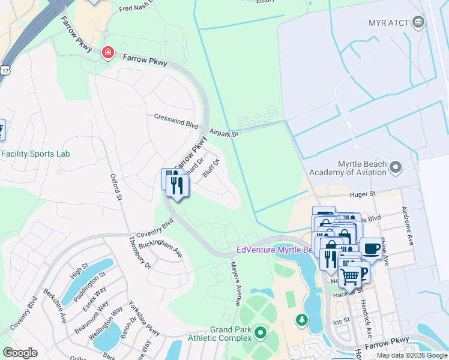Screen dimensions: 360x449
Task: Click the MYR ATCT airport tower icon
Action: (x=419, y=23)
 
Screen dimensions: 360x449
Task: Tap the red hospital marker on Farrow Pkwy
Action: (x=107, y=53)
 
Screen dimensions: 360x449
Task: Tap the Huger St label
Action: (x=363, y=194)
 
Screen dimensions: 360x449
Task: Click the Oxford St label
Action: (x=116, y=187)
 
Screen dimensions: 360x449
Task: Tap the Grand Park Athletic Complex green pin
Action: (x=260, y=332)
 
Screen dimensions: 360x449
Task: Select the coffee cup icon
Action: (x=371, y=248)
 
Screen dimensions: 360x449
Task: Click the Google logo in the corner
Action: (x=20, y=352)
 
